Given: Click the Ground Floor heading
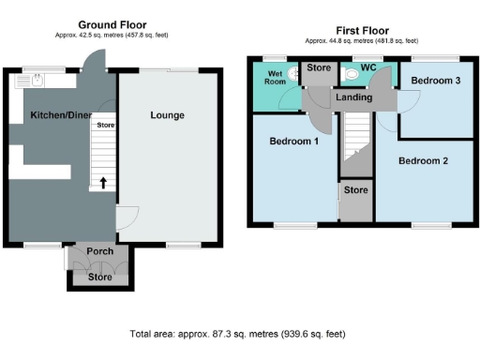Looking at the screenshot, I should [112, 24].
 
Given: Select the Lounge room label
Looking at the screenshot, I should [167, 115].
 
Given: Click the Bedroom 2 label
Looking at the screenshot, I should [423, 160].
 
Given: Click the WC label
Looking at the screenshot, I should [367, 67].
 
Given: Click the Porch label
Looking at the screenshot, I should [99, 251].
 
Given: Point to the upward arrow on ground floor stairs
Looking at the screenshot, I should [103, 182].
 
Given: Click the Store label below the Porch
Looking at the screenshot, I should [98, 277].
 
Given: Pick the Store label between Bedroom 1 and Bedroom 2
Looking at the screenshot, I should [355, 190].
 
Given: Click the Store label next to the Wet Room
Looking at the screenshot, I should [320, 67].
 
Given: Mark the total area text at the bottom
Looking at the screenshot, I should [240, 334].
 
